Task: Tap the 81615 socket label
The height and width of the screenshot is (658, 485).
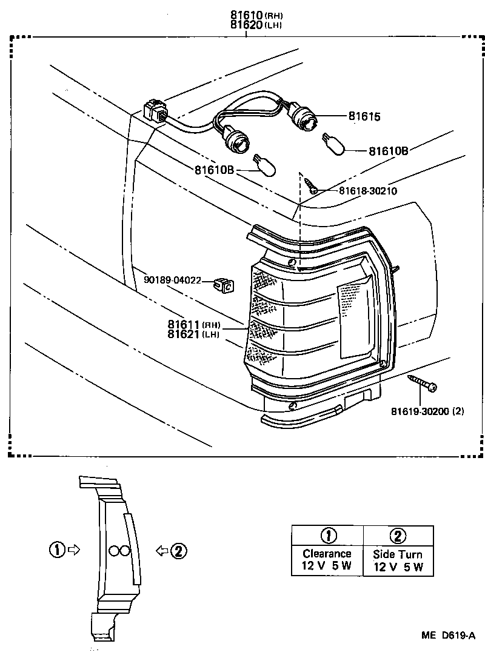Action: point(364,116)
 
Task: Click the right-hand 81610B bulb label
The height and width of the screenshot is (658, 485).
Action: point(388,150)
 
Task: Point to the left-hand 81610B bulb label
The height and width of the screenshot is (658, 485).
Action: point(214,170)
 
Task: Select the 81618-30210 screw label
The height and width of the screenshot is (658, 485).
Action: point(367,191)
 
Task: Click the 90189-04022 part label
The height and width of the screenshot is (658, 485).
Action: point(172,280)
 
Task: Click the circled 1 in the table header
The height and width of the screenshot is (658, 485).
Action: point(327,535)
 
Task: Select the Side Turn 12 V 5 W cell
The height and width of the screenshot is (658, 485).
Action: point(398,561)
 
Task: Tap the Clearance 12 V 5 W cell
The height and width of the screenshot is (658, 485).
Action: point(327,561)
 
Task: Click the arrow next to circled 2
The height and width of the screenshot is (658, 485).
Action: point(162,550)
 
